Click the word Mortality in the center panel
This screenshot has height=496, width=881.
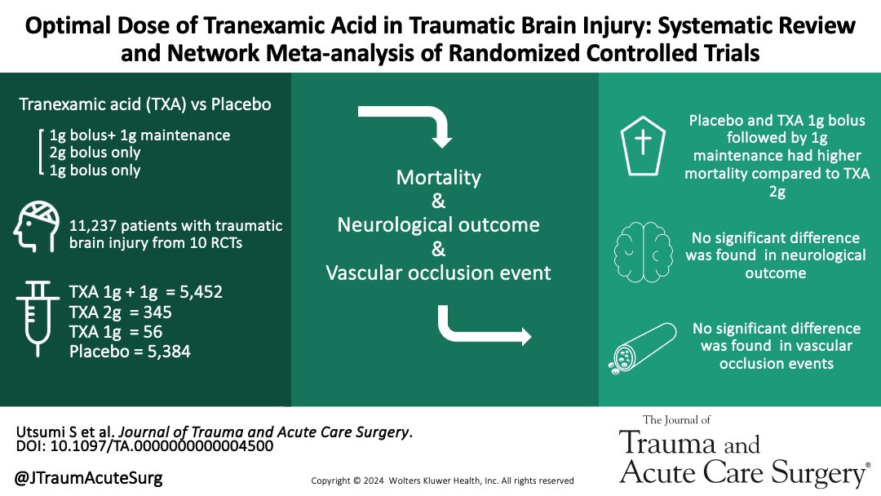[x=438, y=177]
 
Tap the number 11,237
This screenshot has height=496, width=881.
[x=97, y=225]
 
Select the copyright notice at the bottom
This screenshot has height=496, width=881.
[x=443, y=480]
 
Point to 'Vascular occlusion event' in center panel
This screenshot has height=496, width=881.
[x=438, y=272]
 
